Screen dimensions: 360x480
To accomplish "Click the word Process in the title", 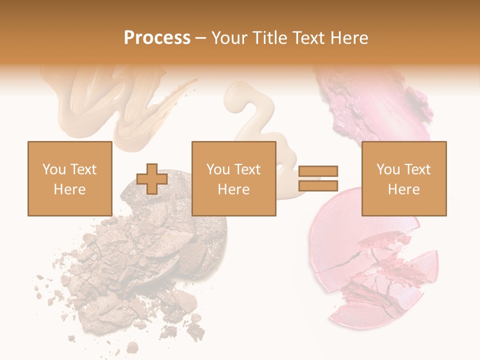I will coord(157,38).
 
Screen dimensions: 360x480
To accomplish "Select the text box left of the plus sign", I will coord(69,178).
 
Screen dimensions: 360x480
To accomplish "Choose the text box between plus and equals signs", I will coord(233,178).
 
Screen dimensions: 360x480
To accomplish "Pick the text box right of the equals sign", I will coord(403,178).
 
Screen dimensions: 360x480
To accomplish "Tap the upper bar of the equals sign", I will coord(318,171).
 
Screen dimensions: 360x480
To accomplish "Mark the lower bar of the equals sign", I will coord(318,186).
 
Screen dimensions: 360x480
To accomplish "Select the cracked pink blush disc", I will coord(370,265).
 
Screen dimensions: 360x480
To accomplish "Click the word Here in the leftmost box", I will coord(69,189).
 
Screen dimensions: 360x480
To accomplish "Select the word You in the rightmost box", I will coord(388,169).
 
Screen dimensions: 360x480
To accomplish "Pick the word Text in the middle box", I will coord(247,169).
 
